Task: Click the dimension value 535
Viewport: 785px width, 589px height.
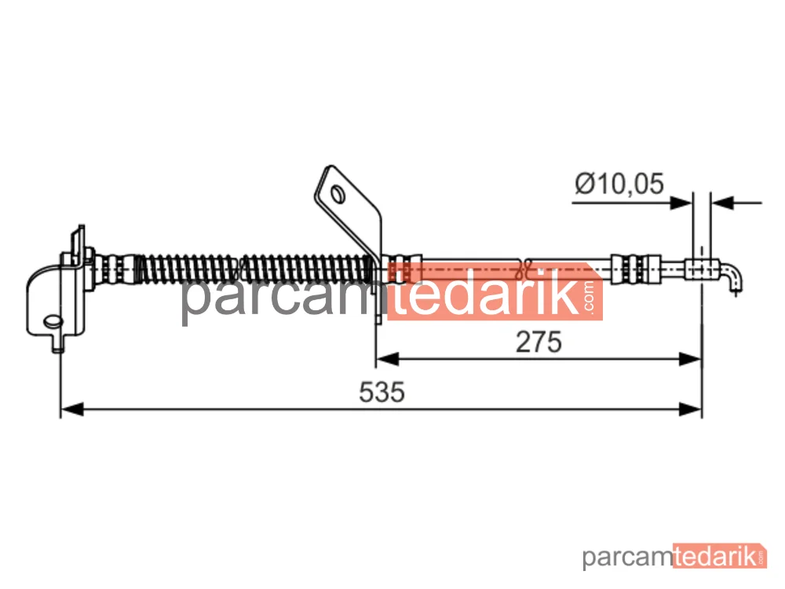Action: [x=382, y=392]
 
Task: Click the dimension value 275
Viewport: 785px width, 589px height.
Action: [x=539, y=342]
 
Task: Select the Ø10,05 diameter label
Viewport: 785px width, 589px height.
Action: [x=619, y=183]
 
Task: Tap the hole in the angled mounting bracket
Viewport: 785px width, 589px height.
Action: [x=338, y=194]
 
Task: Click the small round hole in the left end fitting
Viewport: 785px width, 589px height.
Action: [x=52, y=321]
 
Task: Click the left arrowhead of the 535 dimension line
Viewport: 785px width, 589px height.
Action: [x=71, y=408]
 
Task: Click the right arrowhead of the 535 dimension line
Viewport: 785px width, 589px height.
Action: [x=690, y=408]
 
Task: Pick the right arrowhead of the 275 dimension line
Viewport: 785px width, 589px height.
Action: [x=690, y=359]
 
